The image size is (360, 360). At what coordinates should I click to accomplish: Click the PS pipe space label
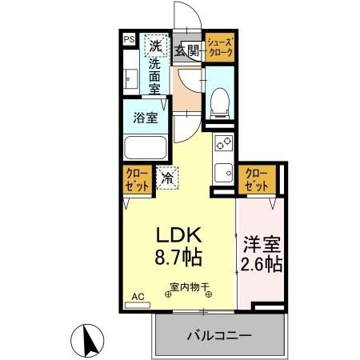130,39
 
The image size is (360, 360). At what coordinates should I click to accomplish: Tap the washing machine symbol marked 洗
157,46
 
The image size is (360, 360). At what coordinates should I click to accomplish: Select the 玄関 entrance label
187,50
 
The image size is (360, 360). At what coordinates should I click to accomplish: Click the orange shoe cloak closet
220,47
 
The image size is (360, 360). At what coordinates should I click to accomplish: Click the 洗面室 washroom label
154,77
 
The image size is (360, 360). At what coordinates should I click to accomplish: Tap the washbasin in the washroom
131,79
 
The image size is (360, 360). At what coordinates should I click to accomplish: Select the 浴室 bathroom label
146,118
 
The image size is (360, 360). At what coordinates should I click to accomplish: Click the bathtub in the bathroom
146,148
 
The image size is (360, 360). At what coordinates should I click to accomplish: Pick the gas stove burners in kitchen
224,143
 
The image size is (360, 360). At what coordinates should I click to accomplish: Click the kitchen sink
224,173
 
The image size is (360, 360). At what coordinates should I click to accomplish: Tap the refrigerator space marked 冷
167,178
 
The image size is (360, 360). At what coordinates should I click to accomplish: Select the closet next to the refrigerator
138,179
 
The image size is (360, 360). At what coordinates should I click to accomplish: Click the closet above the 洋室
257,179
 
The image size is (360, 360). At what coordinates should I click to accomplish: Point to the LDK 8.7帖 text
178,246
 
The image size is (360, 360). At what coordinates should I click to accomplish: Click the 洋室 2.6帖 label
262,254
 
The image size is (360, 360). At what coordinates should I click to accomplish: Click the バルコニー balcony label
219,335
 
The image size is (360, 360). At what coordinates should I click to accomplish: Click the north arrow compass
87,341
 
